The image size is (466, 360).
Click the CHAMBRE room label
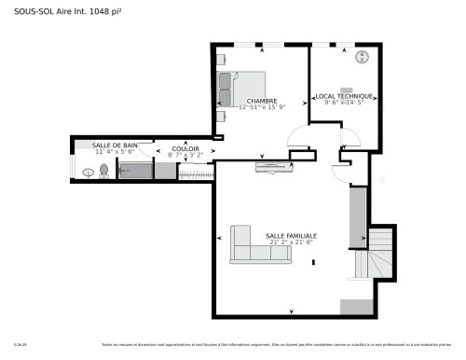(x=261, y=101)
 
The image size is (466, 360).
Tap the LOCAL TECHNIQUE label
(x=344, y=96)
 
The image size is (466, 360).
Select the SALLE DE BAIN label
(x=115, y=145)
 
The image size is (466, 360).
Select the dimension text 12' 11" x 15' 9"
(x=261, y=107)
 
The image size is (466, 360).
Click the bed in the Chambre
(x=239, y=88)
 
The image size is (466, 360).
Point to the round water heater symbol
(x=363, y=57)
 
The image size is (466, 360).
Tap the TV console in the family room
(x=276, y=167)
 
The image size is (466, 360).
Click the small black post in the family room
(x=313, y=262)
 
